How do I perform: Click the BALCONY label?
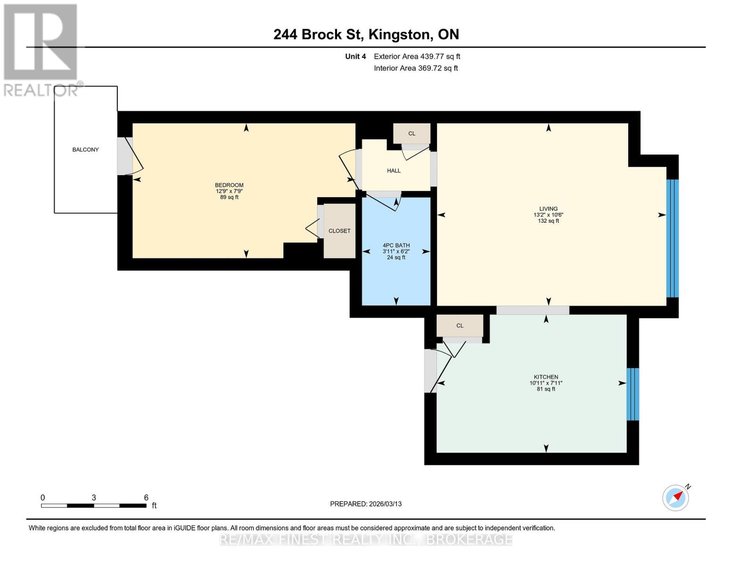click(85, 150)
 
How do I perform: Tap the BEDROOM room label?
click(229, 185)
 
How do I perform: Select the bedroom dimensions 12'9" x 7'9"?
click(229, 191)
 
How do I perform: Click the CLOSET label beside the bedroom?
click(339, 231)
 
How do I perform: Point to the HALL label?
click(394, 171)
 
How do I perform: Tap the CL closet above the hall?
click(411, 134)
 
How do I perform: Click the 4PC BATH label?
click(396, 245)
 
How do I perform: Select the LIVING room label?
click(548, 209)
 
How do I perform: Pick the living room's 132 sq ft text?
click(548, 221)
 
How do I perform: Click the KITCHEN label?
click(546, 377)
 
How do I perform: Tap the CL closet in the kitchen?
click(460, 326)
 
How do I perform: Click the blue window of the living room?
click(672, 238)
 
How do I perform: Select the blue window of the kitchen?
click(633, 394)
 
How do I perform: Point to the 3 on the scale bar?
click(94, 498)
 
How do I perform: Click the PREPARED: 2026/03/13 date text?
click(366, 504)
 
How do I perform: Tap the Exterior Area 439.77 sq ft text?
click(417, 56)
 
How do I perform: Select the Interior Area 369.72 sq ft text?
click(416, 68)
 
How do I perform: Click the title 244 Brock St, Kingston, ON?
click(366, 34)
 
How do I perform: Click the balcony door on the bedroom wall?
click(124, 156)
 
